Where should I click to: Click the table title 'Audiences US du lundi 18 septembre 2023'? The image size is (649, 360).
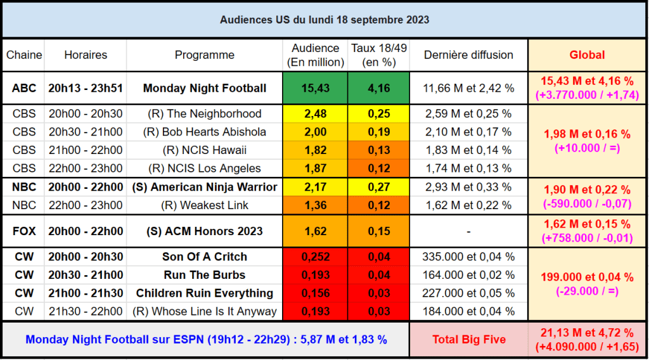click(x=324, y=20)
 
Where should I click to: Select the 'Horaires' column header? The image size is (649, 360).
click(x=86, y=55)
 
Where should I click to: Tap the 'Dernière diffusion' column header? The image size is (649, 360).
click(x=468, y=55)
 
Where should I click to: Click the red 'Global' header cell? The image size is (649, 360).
click(x=587, y=55)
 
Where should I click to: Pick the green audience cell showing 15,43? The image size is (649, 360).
click(x=316, y=88)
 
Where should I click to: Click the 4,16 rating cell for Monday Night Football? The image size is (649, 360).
click(x=379, y=88)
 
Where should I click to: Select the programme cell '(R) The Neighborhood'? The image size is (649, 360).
click(x=204, y=114)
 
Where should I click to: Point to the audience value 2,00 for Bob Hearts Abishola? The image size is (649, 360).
click(x=316, y=132)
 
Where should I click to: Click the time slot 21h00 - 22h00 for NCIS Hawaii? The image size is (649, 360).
click(x=86, y=150)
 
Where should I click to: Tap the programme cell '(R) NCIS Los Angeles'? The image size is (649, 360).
click(x=204, y=169)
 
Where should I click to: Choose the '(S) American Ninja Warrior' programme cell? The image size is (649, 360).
click(x=204, y=187)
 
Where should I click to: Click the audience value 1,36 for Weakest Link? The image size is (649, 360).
click(x=316, y=205)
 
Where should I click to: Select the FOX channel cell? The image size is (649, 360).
click(x=24, y=231)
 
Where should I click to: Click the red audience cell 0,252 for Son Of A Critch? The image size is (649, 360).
click(x=316, y=257)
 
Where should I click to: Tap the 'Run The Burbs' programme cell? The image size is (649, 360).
click(x=204, y=275)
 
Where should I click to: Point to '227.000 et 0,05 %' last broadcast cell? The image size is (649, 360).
click(x=468, y=293)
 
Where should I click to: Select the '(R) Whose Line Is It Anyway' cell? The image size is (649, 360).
click(x=204, y=311)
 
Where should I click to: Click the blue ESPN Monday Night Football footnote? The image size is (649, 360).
click(x=206, y=340)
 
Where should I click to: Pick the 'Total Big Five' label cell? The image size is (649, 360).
click(x=469, y=340)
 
